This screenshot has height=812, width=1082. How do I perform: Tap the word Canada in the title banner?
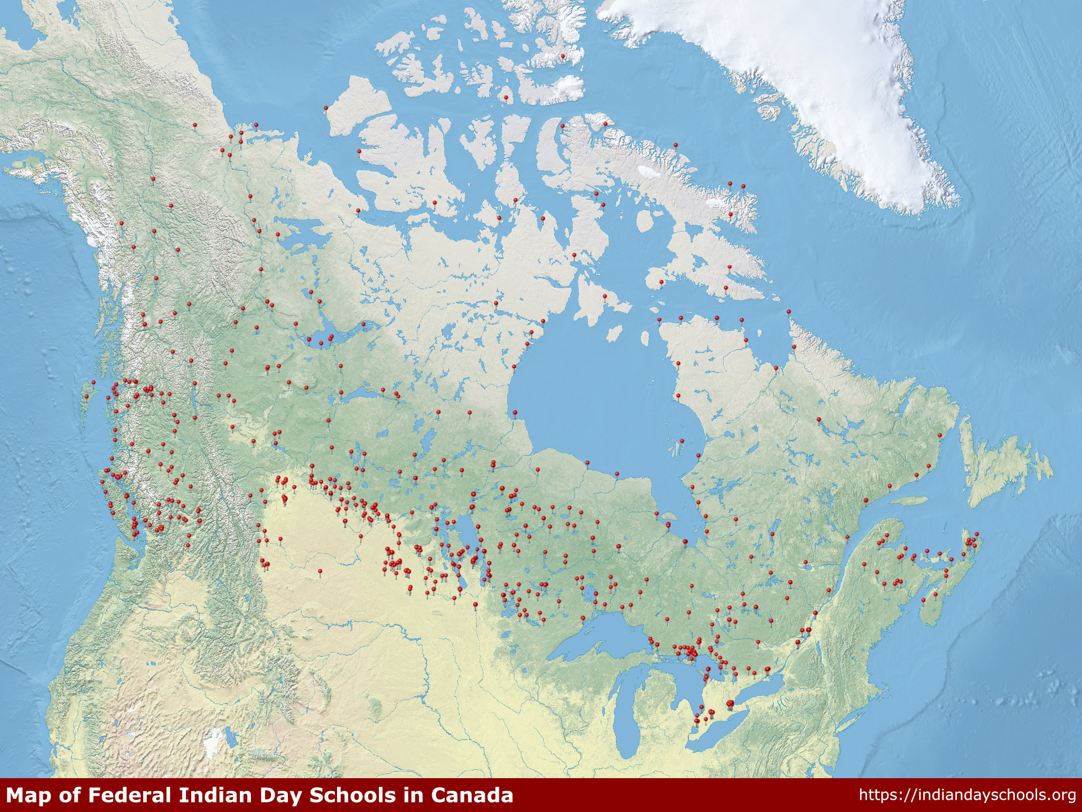471,796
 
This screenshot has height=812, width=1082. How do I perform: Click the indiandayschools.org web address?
967,796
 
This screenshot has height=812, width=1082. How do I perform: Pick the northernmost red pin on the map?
563,56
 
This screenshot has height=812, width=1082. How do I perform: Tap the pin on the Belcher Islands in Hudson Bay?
682,441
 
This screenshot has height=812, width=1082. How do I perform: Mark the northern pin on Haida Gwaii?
93,382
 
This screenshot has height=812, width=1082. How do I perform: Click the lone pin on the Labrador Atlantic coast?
940,436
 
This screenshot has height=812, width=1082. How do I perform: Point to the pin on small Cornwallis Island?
506,98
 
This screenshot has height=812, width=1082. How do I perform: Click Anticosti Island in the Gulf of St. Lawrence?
909,500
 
